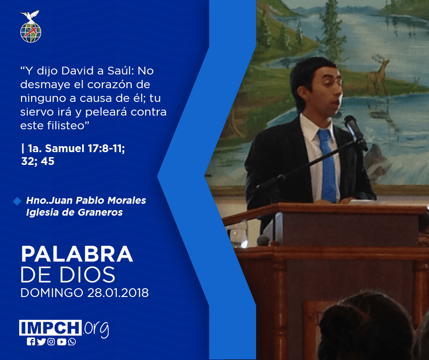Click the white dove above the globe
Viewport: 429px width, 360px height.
30,16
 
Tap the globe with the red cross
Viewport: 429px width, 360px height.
31,32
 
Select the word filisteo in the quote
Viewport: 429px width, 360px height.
68,126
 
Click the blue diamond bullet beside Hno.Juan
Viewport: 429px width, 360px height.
17,201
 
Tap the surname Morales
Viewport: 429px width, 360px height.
127,200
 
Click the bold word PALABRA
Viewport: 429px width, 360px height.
77,254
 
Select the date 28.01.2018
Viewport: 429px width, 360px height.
118,293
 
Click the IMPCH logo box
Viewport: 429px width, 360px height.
50,328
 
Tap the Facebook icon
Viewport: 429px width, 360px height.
31,342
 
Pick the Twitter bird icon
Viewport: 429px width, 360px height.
41,342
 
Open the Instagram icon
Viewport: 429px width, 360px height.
51,342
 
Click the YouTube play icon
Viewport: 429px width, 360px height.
62,342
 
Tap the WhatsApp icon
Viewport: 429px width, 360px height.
72,342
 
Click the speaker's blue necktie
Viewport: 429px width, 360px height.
327,166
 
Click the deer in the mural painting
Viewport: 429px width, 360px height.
378,74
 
